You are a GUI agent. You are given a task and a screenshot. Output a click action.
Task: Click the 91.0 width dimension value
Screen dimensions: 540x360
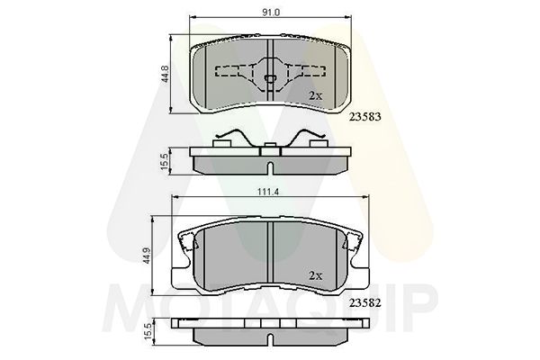[271, 13]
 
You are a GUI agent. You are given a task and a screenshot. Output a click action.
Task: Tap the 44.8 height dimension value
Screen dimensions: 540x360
[166, 74]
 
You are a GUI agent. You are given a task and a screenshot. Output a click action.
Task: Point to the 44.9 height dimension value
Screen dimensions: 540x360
[147, 256]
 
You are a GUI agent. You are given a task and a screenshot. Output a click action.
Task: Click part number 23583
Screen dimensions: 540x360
[365, 117]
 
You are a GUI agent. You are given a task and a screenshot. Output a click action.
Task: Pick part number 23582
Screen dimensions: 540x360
[365, 302]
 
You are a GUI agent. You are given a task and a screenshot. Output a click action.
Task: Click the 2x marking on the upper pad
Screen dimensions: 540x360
[316, 95]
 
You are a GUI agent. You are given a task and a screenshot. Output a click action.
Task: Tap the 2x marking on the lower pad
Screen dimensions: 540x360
[316, 275]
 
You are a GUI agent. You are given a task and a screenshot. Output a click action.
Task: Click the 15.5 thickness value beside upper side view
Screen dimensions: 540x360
[165, 161]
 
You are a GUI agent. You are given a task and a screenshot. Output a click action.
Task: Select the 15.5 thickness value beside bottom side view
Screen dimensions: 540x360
[148, 331]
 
